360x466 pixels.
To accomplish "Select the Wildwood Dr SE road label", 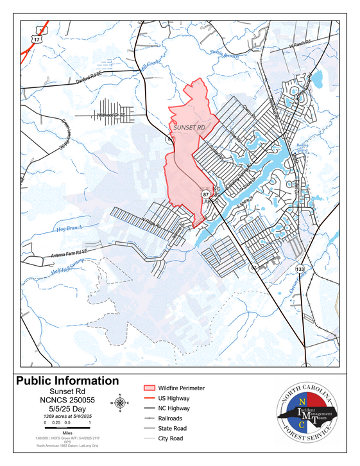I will tap(113, 115).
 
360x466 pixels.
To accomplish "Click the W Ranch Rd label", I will tap(299, 46).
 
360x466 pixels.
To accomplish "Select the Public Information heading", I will tap(67, 381).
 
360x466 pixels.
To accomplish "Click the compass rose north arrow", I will tap(120, 402).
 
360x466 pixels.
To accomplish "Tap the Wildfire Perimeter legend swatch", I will tap(150, 388).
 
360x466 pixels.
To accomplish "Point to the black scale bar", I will tap(67, 429).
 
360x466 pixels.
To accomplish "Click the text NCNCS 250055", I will tap(67, 400).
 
